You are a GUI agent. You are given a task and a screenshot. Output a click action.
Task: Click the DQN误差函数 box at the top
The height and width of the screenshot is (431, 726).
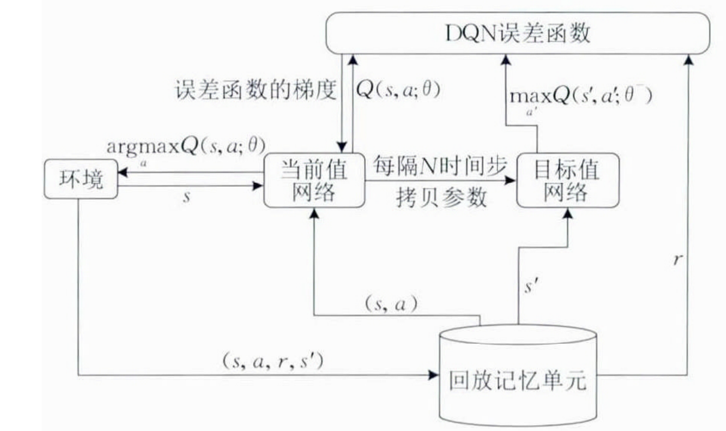517,34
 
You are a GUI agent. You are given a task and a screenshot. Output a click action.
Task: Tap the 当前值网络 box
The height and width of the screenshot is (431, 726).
314,180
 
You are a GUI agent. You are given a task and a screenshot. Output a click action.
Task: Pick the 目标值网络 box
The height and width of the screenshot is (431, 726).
567,180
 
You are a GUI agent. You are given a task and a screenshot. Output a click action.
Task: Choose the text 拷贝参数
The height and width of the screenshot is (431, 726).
440,198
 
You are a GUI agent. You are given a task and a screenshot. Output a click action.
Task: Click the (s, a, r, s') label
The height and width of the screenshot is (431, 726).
273,361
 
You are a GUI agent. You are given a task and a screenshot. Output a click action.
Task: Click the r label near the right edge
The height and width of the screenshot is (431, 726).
676,260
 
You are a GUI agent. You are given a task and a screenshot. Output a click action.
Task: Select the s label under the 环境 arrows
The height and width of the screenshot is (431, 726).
187,197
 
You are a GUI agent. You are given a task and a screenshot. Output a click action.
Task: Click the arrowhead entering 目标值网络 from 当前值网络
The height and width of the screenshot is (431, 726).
511,180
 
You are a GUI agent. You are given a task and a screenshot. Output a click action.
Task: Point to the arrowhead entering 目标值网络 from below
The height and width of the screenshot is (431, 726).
567,212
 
